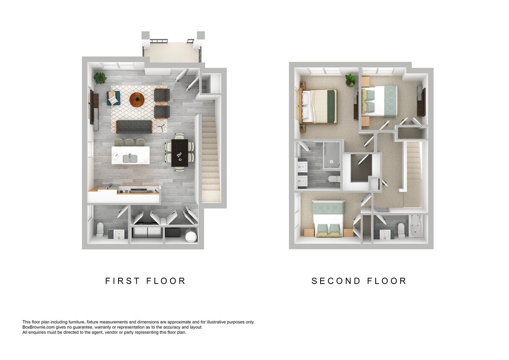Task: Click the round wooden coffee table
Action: pos(137,99)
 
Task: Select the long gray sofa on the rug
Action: pos(134,126)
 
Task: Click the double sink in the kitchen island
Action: pos(130,158)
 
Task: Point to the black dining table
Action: pos(179,153)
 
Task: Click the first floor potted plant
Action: pos(100,78)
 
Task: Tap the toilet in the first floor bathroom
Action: pos(99,229)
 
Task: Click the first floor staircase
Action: pos(210,158)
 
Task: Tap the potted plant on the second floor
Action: pos(350,79)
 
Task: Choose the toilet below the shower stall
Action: pos(334,181)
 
